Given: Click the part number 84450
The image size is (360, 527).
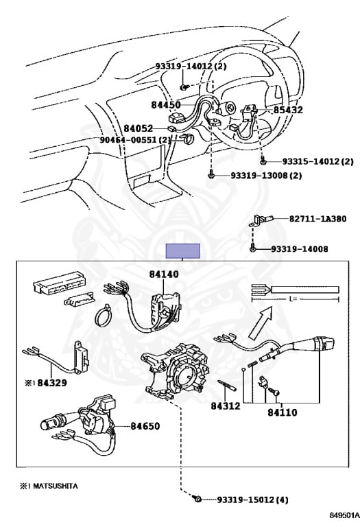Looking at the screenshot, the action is pos(165,105).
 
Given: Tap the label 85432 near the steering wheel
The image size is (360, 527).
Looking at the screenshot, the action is pos(288,110).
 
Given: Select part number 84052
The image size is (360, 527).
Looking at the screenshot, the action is pos(138,128).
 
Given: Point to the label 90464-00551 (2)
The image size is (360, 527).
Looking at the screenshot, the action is pos(135,140).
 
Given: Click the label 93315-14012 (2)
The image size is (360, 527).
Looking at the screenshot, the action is pos(317,162).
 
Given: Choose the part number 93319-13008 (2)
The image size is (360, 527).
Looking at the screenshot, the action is pos(266,176).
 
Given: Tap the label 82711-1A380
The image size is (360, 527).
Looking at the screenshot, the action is pos(318,219).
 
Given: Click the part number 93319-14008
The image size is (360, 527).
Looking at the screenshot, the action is pos(300,249).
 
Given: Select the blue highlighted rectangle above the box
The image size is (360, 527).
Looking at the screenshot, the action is pos(183,251).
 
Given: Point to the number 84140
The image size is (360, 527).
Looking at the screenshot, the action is pos(164,274).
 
